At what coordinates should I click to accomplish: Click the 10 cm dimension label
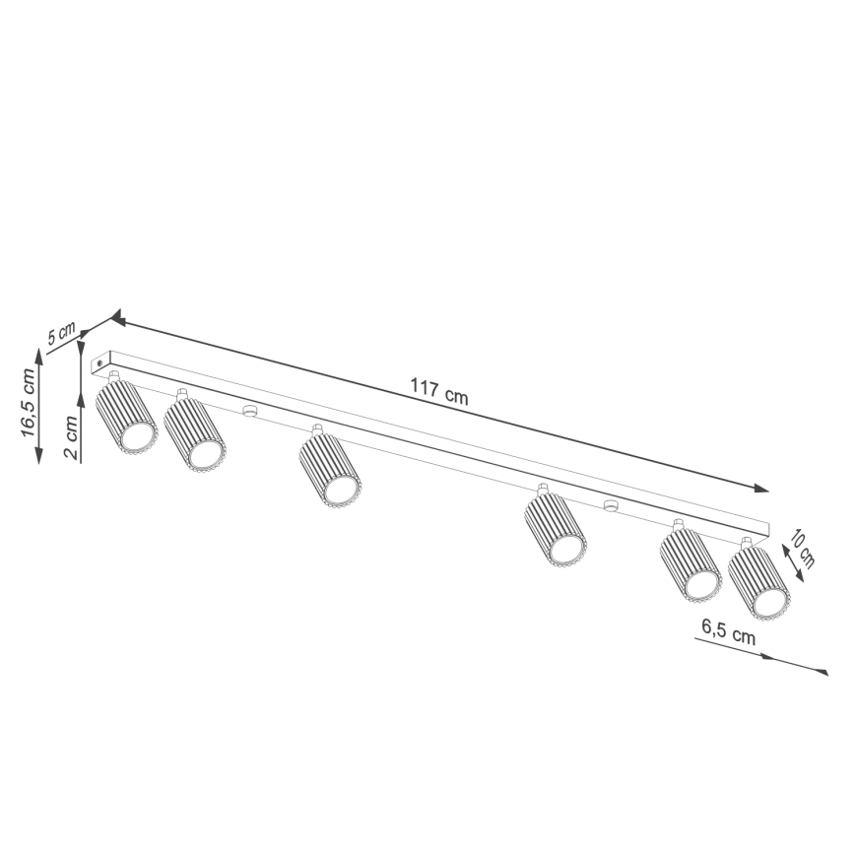(804, 550)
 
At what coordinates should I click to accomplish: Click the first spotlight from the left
(126, 419)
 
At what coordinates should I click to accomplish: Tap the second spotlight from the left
(195, 433)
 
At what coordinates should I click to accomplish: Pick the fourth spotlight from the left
(556, 532)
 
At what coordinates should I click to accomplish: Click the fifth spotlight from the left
(690, 566)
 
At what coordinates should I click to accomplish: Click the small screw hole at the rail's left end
(99, 364)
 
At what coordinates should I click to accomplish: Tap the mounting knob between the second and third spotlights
(248, 410)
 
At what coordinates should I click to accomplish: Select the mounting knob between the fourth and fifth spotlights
(610, 507)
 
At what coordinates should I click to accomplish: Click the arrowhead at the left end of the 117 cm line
(116, 318)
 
